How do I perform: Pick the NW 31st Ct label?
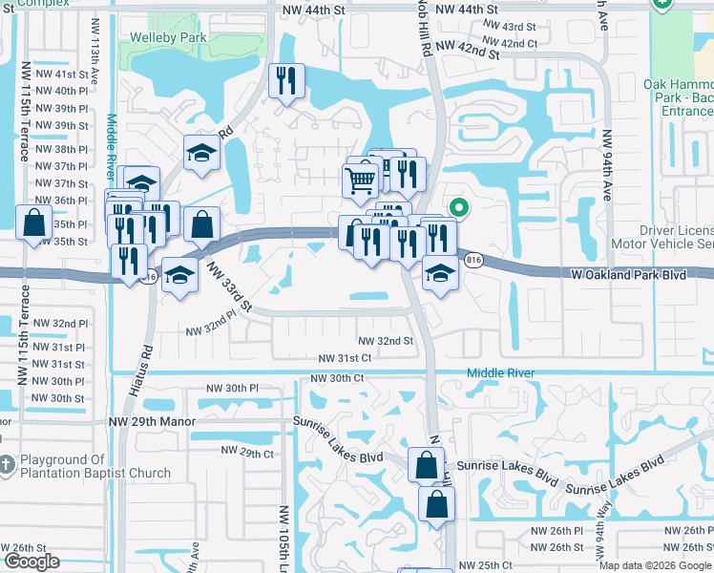tap(345, 358)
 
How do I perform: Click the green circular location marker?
tap(459, 206)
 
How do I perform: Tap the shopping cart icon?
tap(361, 178)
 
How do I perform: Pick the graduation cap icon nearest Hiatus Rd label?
tap(178, 276)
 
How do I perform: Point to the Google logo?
tap(31, 562)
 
